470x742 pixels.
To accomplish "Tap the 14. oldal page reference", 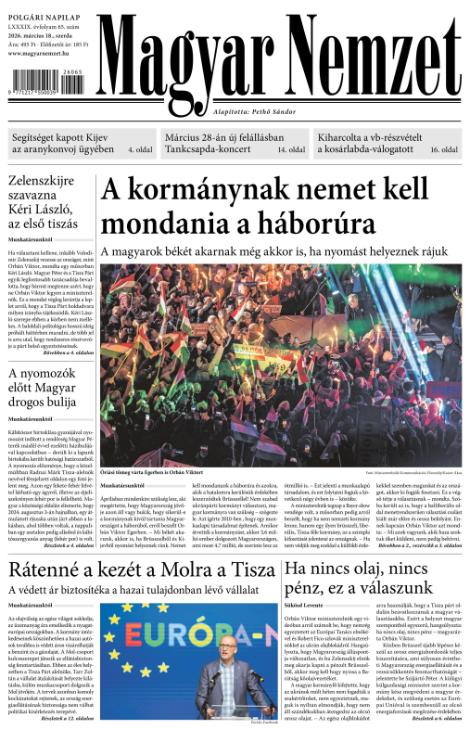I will pos(291,149).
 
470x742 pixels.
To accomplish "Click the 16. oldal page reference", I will pos(444,149).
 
